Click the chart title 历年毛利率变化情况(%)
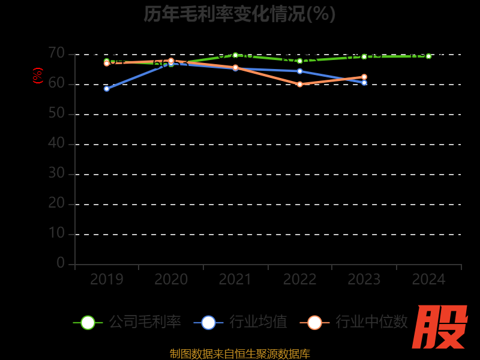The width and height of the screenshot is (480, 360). tap(239, 13)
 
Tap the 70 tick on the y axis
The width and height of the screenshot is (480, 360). tap(56, 53)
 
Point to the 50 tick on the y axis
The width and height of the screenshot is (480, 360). tap(56, 113)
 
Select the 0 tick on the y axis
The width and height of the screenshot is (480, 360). tap(61, 263)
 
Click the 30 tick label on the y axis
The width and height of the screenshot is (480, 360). tap(56, 173)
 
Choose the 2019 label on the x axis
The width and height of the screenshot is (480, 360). tap(107, 280)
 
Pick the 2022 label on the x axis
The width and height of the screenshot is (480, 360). tap(300, 280)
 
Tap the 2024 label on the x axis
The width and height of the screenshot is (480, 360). tap(429, 280)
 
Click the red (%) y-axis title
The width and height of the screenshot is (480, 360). tap(38, 76)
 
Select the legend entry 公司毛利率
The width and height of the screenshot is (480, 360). tap(127, 322)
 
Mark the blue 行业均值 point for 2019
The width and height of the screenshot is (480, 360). tap(107, 89)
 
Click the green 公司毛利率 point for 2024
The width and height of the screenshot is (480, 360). tap(428, 56)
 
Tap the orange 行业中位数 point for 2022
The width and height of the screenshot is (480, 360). tap(300, 85)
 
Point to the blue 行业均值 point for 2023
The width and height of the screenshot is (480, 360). tap(364, 82)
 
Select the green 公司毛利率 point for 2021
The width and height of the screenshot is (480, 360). tap(235, 55)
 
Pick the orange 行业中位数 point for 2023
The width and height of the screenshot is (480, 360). tap(364, 77)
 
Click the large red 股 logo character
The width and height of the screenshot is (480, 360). tap(440, 327)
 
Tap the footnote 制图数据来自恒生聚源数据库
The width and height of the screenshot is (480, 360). tap(240, 354)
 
